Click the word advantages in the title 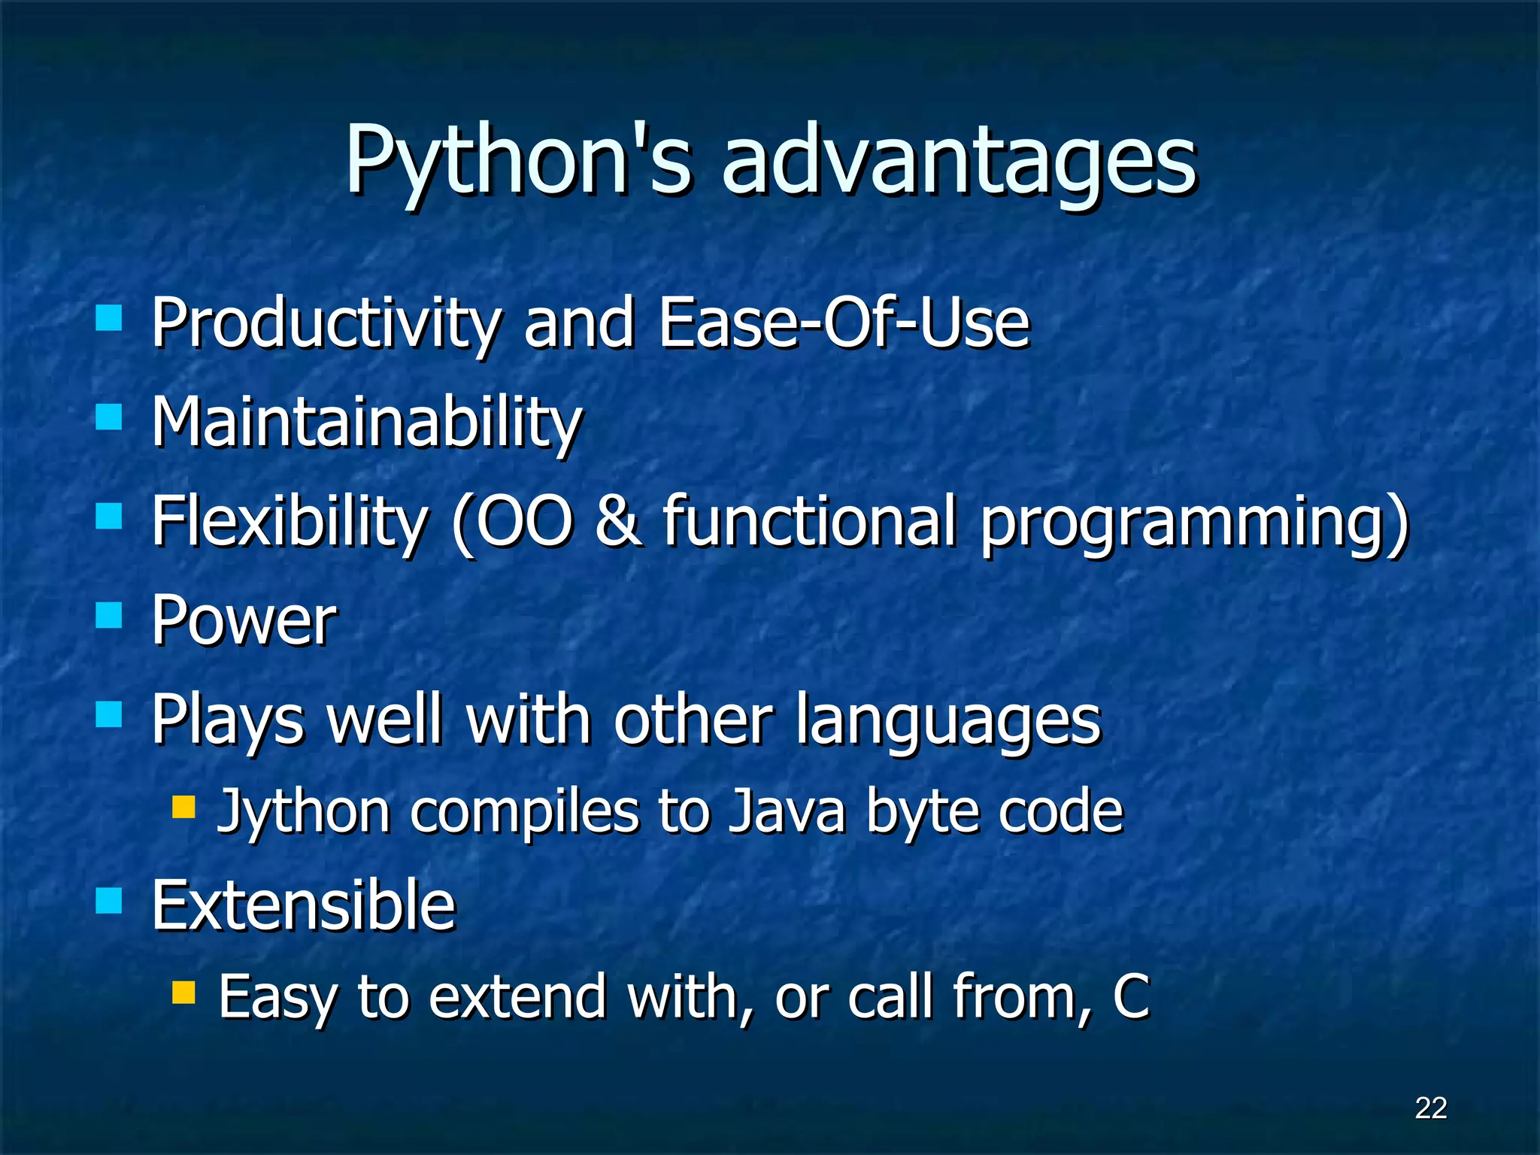click(x=959, y=162)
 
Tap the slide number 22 click(x=1430, y=1108)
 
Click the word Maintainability click(x=366, y=423)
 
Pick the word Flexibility click(x=290, y=521)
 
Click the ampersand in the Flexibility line click(x=618, y=520)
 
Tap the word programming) click(x=1194, y=523)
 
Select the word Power click(x=244, y=620)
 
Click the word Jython click(x=303, y=813)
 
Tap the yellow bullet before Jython click(x=183, y=808)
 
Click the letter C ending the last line click(x=1130, y=996)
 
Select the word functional click(x=808, y=520)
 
